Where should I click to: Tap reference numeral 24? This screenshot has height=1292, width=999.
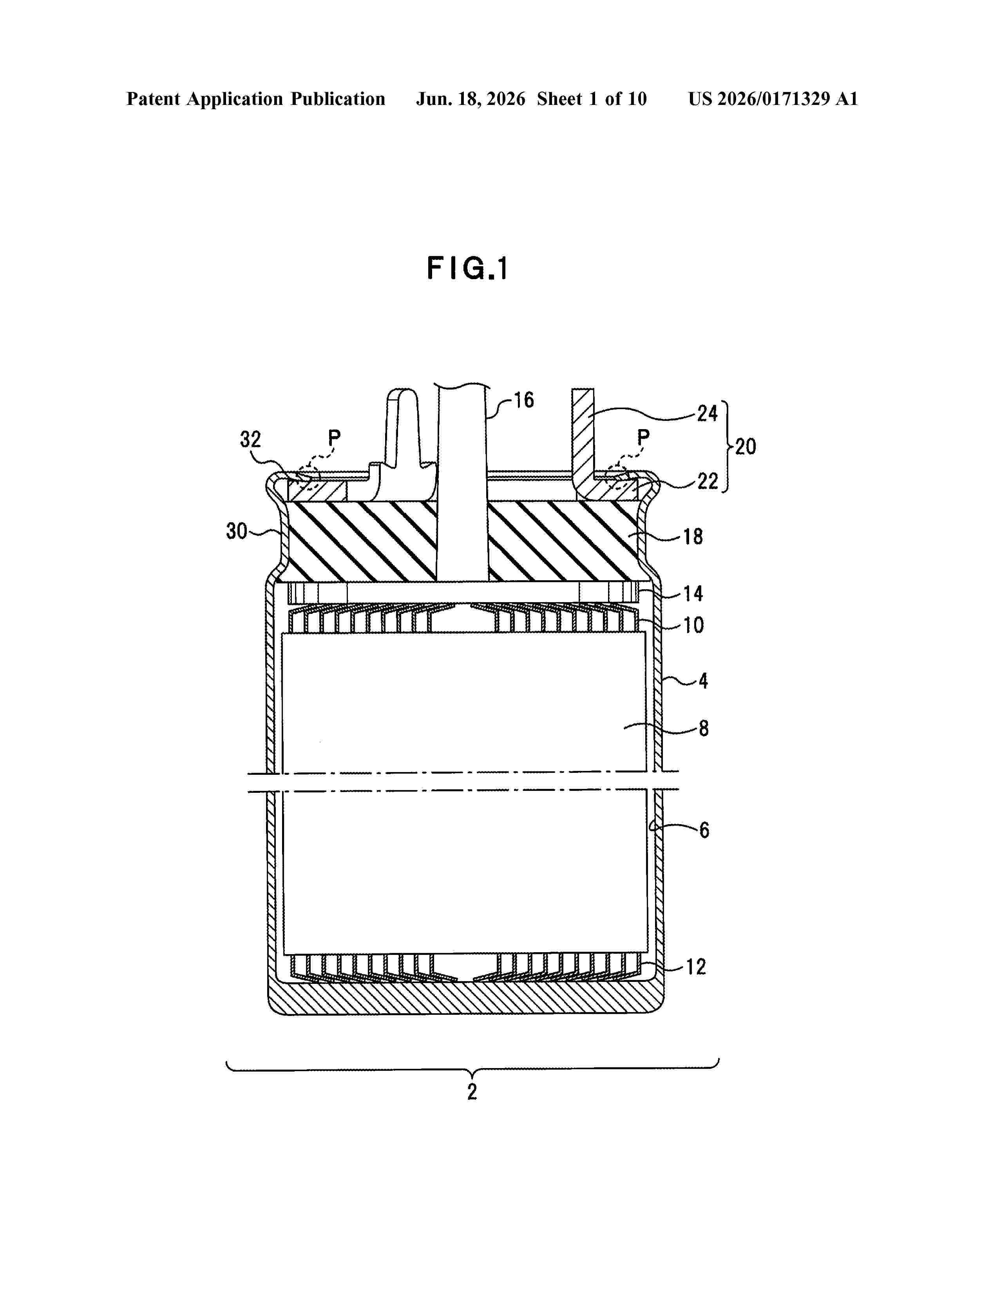tap(707, 413)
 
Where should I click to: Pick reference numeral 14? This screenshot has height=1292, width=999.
tap(693, 594)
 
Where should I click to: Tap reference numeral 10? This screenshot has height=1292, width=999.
tap(693, 625)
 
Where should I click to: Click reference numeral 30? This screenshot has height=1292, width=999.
tap(237, 531)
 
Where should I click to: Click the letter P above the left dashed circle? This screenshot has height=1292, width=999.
tap(335, 438)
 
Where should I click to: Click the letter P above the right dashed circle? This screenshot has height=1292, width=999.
tap(643, 438)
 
